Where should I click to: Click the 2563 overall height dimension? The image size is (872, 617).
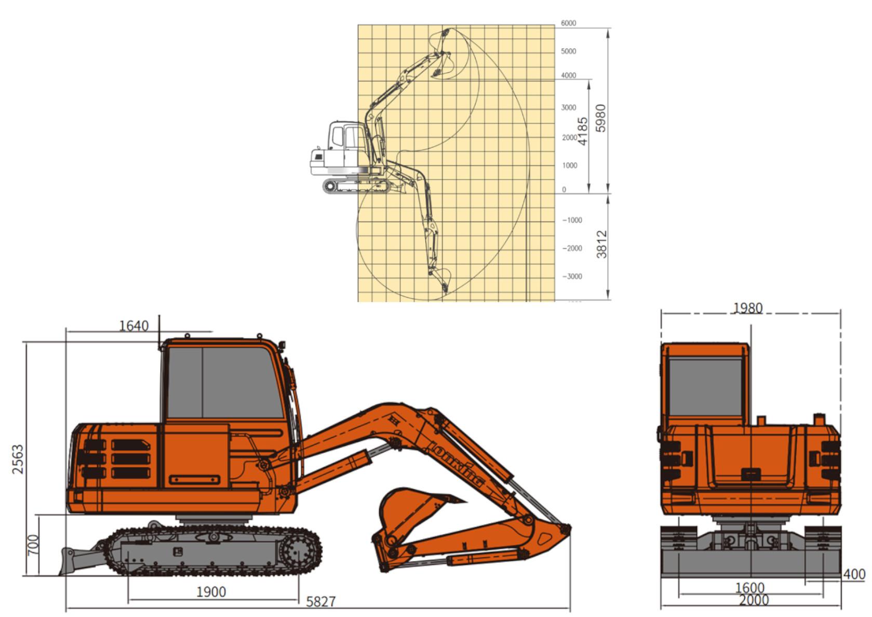[18, 460]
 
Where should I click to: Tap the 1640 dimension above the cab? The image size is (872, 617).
[133, 325]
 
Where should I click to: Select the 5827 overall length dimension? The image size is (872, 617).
[321, 601]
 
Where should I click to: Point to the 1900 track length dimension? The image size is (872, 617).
[211, 592]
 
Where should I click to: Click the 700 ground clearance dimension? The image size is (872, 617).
[33, 545]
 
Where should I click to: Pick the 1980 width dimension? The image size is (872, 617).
[748, 308]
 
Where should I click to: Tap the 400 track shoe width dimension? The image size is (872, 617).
[854, 574]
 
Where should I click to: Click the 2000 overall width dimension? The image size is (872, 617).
[754, 600]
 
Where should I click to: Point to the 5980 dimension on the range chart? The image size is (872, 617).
[601, 118]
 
